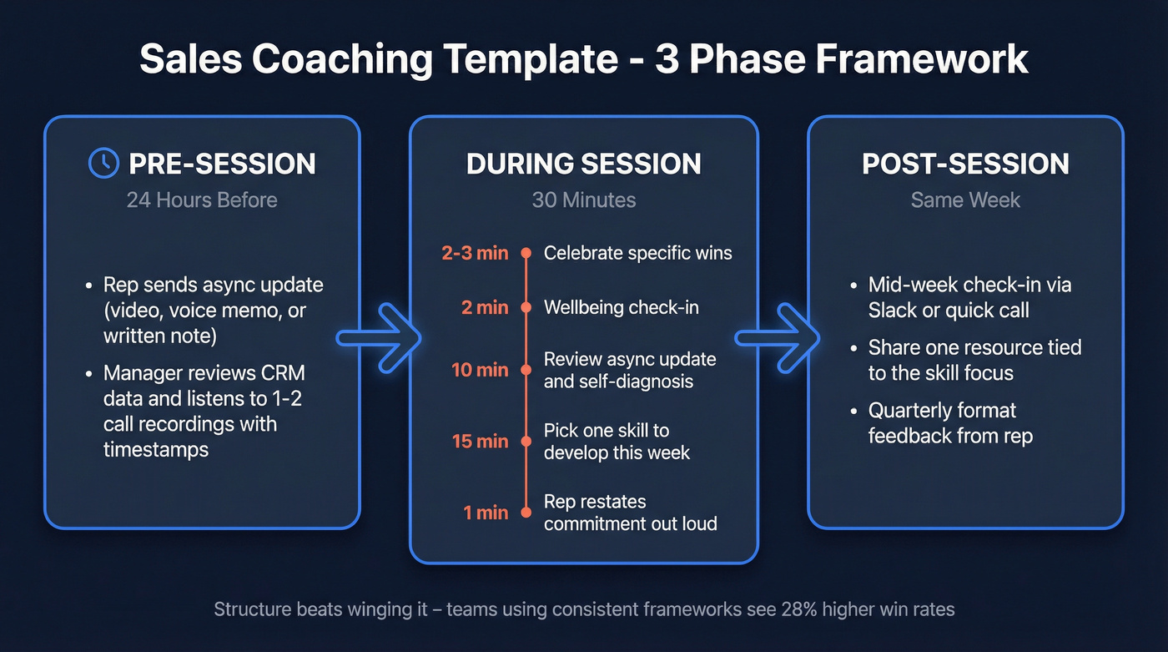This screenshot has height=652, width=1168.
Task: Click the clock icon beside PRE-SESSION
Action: point(103,163)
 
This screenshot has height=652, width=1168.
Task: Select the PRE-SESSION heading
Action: point(222,164)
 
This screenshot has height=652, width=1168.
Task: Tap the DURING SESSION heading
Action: point(583,164)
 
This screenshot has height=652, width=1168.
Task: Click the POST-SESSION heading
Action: point(965,164)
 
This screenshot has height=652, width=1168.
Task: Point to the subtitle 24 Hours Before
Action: point(202,200)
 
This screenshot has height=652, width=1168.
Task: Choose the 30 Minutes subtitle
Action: point(583,200)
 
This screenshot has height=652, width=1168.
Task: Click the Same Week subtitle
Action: point(965,200)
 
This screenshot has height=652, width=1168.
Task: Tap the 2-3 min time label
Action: point(474,253)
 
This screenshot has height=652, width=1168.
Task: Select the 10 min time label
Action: point(480,370)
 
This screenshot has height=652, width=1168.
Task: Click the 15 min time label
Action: point(480,441)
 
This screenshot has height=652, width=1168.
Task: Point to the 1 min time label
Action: point(486,513)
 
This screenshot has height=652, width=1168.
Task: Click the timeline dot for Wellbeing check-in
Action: point(526,308)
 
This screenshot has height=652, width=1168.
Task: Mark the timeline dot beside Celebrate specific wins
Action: point(526,253)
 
